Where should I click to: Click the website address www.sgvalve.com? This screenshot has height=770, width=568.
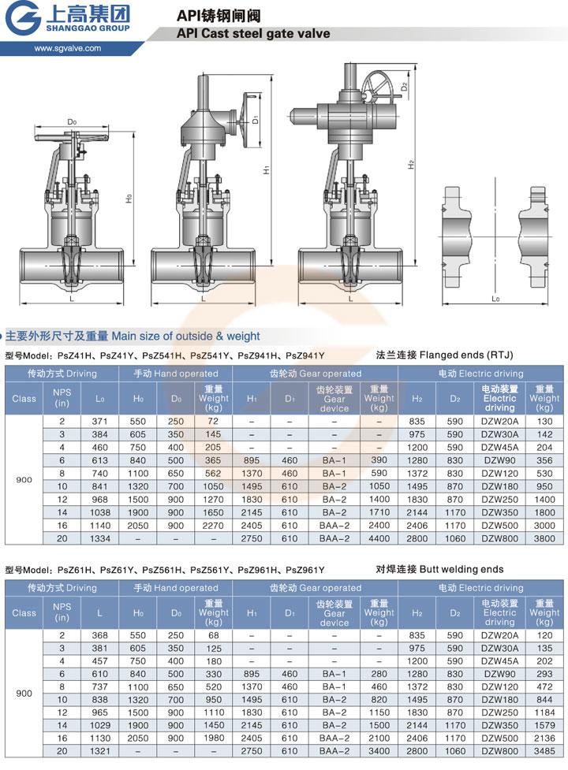click(x=67, y=48)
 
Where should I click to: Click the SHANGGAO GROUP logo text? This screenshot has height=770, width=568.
click(x=88, y=28)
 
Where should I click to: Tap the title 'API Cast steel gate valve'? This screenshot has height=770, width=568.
click(x=253, y=33)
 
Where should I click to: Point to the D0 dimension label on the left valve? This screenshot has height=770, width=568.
click(x=73, y=122)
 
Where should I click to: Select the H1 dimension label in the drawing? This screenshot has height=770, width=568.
click(x=267, y=169)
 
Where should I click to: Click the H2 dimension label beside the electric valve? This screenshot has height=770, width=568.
click(x=411, y=165)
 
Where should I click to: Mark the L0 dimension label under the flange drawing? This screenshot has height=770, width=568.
click(x=495, y=298)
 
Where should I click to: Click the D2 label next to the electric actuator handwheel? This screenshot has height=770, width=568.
click(x=404, y=87)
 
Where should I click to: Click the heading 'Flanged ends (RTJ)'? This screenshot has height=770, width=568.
click(x=466, y=355)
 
